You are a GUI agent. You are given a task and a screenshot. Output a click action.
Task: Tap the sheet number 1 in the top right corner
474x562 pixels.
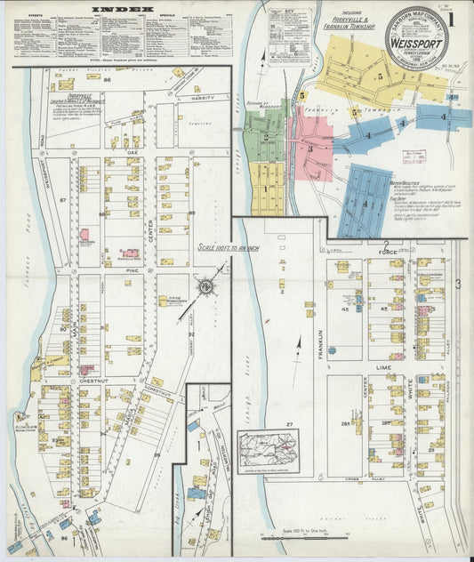click(452, 18)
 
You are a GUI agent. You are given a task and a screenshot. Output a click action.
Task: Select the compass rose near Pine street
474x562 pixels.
click(205, 286)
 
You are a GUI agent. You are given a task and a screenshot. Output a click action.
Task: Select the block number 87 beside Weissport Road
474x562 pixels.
click(63, 201)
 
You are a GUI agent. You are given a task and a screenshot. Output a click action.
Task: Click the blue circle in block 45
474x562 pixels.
click(332, 349)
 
